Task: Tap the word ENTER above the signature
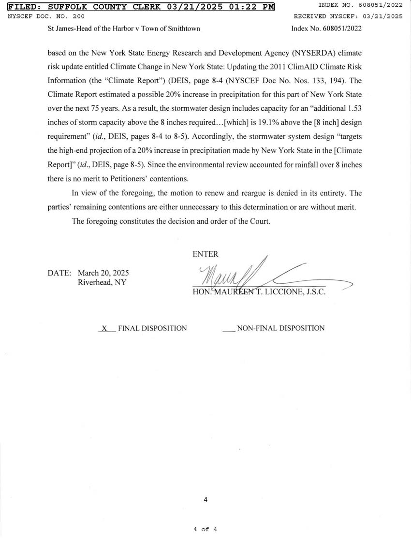pyautogui.click(x=205, y=254)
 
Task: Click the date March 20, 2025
pyautogui.click(x=103, y=273)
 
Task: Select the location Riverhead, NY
pyautogui.click(x=102, y=282)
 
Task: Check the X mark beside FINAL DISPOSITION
pyautogui.click(x=104, y=328)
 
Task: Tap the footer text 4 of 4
pyautogui.click(x=205, y=529)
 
